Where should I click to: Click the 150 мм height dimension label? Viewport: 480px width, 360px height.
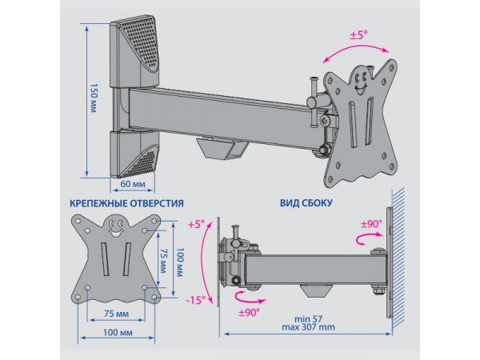point(94,98)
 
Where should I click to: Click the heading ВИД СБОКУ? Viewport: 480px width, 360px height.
point(307,204)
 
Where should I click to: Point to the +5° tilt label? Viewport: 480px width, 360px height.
point(197,225)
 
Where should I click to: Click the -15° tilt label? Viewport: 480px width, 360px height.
point(197,300)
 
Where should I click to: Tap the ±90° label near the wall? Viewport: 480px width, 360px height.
point(370,224)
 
